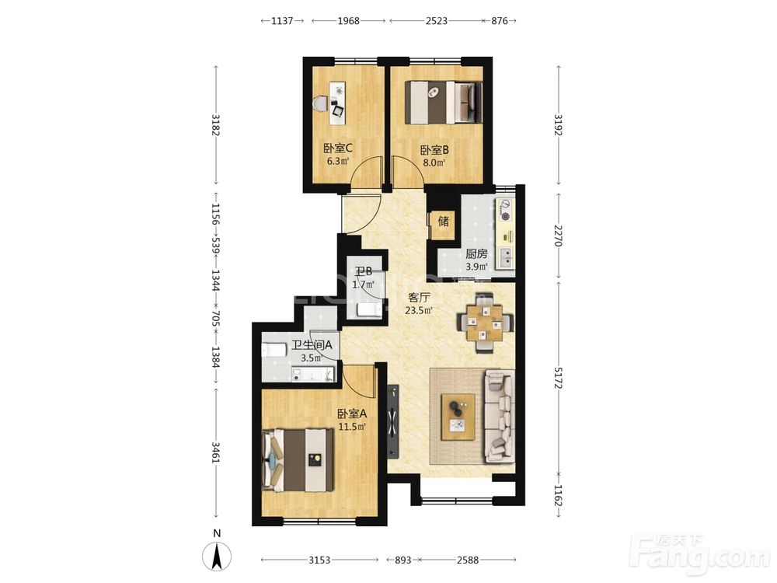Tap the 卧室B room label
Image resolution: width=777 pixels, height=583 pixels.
(434, 150)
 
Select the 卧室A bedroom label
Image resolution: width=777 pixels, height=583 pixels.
(352, 414)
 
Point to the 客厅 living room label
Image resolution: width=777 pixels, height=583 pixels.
(419, 298)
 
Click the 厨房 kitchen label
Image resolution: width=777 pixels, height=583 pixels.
(476, 254)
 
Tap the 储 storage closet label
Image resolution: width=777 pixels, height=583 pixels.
(444, 221)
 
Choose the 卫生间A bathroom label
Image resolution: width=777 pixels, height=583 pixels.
(312, 345)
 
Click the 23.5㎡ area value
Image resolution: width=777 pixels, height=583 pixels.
(419, 311)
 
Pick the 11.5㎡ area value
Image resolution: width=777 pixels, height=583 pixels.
(352, 426)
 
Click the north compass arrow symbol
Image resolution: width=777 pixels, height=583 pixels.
(217, 557)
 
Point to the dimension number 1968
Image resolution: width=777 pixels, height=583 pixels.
(348, 21)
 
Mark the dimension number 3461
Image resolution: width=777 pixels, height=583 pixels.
(215, 453)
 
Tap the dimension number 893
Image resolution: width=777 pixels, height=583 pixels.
(402, 560)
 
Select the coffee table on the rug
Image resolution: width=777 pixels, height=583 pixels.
(458, 417)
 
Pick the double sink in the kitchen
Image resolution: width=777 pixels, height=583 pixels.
(506, 258)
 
